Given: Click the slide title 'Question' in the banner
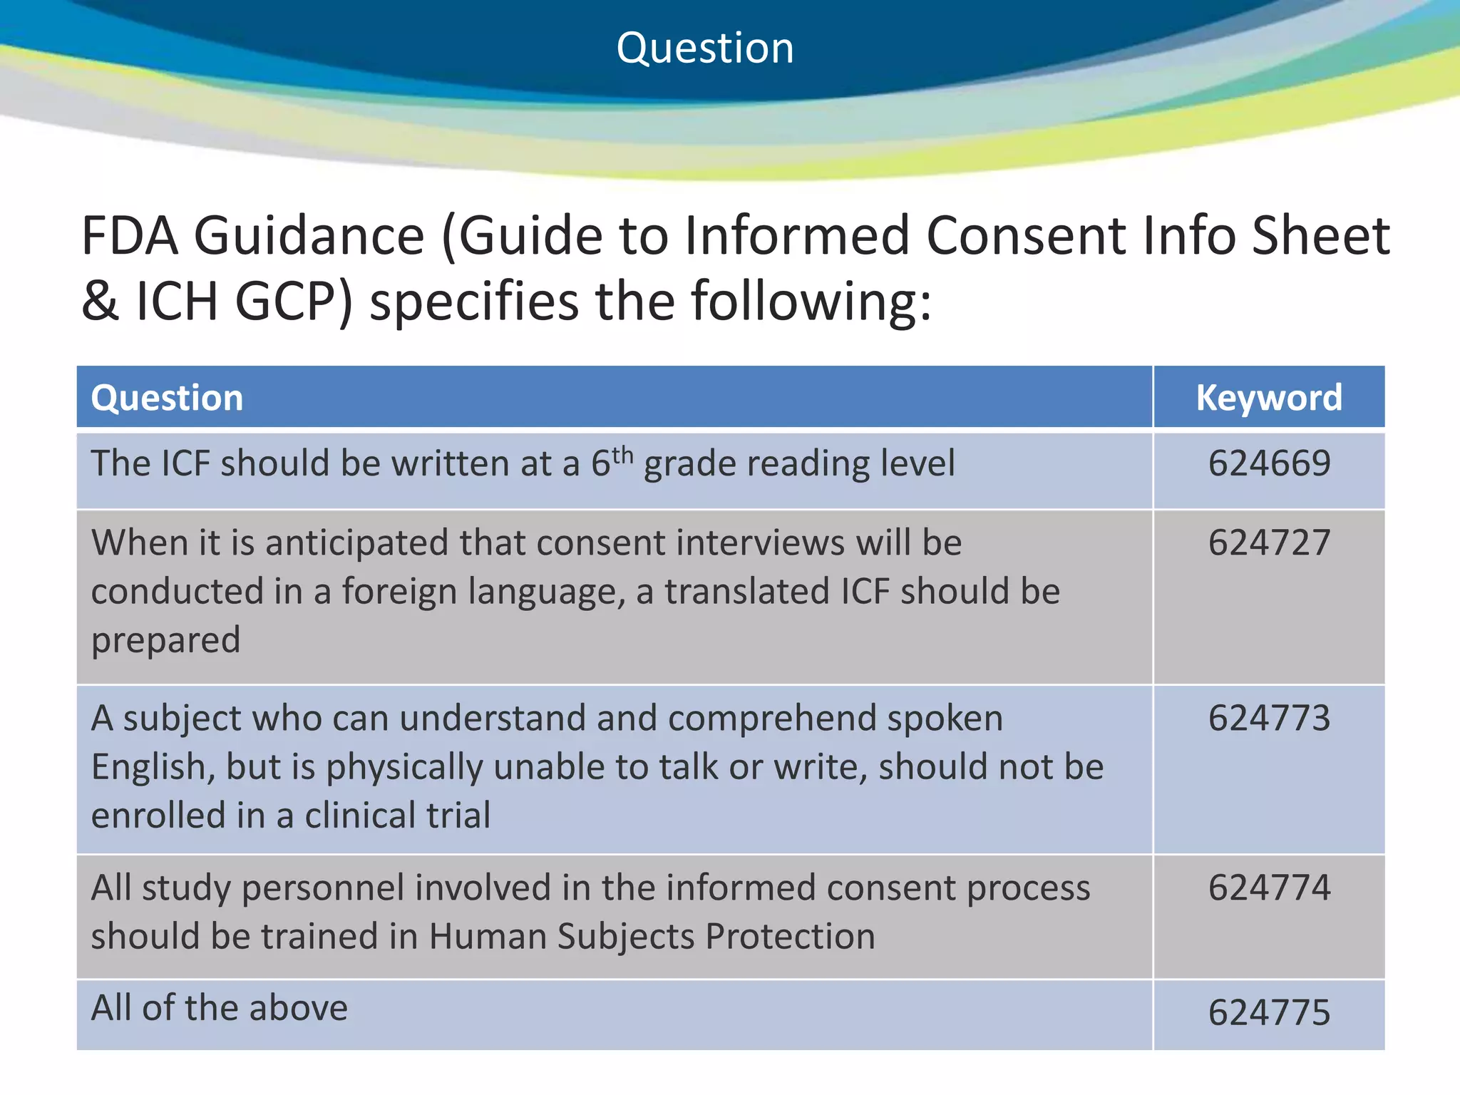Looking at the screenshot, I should coord(704,48).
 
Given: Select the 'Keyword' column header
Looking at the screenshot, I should coord(1269,398).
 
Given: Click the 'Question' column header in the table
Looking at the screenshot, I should coord(167,398).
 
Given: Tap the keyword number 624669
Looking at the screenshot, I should coord(1269,463).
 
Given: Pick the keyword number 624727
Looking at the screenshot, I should coord(1269,543).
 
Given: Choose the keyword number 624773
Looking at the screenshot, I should coord(1269,718).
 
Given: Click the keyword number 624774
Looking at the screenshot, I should coord(1269,888).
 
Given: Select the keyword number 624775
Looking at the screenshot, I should coord(1269,1012).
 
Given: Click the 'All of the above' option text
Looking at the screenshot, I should coord(220,1008).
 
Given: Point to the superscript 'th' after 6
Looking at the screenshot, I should coord(622,454).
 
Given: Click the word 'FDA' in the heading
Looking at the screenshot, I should coord(130,236).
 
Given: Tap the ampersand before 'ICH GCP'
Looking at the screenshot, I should coord(100,302).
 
